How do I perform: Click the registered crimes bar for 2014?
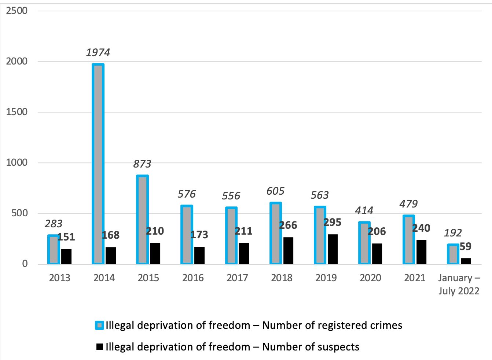coord(98,164)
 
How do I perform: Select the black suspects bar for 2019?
coord(333,249)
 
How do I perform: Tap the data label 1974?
coord(98,53)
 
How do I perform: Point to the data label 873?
coord(142,164)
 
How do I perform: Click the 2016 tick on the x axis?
coord(193,278)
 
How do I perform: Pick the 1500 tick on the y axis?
coord(17,112)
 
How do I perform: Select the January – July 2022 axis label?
coord(459,284)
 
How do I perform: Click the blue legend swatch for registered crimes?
coord(99,326)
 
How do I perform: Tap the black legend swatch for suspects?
coord(99,347)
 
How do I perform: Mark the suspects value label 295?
coord(333,223)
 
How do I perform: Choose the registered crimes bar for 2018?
coord(276,233)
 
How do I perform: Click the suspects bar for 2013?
coord(66,256)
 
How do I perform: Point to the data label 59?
coord(466,246)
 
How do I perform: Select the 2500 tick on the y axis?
coord(17,11)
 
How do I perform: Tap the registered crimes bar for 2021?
coord(409,240)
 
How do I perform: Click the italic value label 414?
coord(364,211)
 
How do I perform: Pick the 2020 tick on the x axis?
coord(370,278)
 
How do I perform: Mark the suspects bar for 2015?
coord(155,253)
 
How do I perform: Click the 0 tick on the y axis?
coord(25,264)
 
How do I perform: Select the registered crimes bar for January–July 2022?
coord(453,254)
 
